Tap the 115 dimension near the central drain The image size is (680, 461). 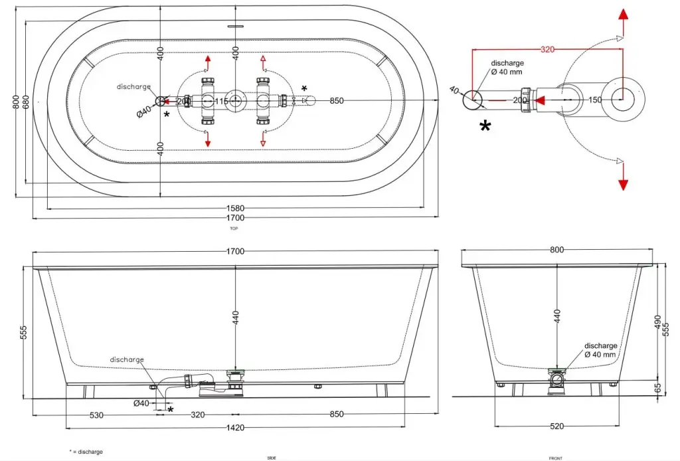(222, 101)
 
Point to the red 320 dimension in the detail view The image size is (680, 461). (547, 49)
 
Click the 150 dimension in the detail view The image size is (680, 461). (594, 100)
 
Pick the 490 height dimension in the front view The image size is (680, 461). (657, 322)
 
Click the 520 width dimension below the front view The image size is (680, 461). (556, 426)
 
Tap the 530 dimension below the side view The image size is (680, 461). (96, 415)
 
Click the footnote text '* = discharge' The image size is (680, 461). (86, 452)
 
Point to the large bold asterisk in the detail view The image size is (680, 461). (485, 126)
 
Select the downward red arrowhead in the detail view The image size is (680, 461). (623, 184)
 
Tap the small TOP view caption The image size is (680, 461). (234, 228)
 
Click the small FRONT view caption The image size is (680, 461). (556, 458)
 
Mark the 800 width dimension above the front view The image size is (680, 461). (556, 250)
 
